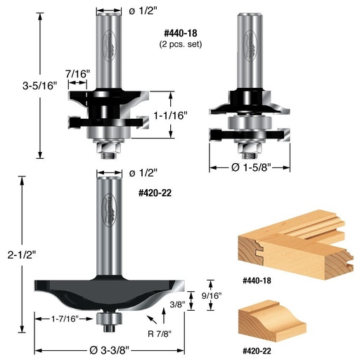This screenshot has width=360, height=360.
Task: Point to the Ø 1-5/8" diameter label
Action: coord(251,168)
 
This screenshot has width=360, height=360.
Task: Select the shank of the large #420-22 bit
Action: coord(108,225)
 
